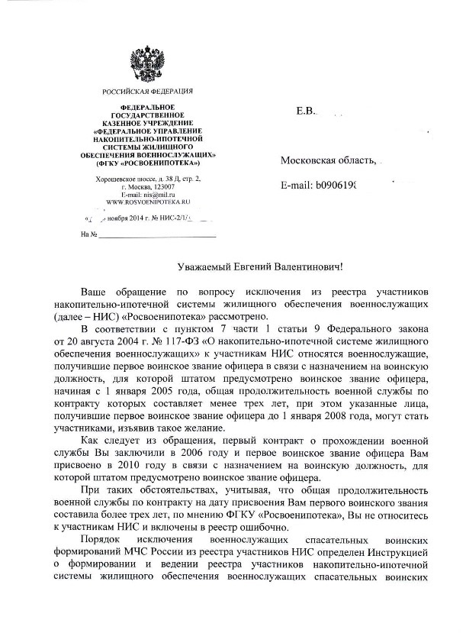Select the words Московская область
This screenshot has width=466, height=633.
click(x=328, y=161)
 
